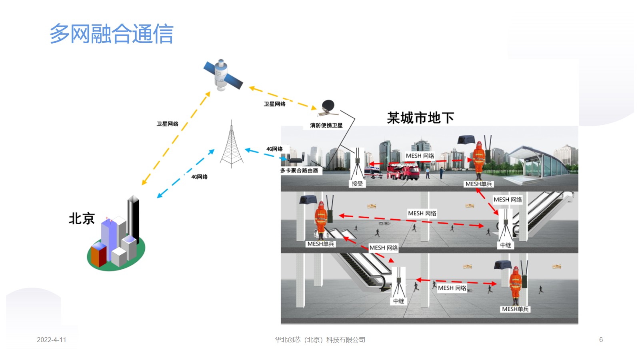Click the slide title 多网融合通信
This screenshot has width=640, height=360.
(x=112, y=34)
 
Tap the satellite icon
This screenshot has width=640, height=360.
(x=223, y=75)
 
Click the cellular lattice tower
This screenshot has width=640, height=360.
(x=232, y=144)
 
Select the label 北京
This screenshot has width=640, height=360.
(x=82, y=219)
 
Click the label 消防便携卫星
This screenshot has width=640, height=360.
(x=326, y=126)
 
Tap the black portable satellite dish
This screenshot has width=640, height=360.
(x=328, y=108)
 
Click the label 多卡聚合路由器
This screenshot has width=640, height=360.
(x=299, y=170)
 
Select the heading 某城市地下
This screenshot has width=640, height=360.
(x=420, y=118)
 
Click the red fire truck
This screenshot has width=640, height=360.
(x=403, y=171)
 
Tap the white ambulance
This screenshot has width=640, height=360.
(x=374, y=172)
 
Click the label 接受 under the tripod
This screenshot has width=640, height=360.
(x=357, y=184)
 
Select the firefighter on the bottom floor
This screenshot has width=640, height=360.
(x=516, y=286)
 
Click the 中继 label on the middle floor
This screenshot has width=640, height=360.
(x=506, y=245)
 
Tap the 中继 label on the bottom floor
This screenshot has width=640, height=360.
(x=398, y=301)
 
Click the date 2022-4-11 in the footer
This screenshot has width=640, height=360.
(x=52, y=340)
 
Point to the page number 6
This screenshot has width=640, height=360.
(x=601, y=340)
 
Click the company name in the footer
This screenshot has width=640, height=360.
(x=320, y=340)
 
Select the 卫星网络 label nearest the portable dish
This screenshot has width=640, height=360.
(x=274, y=104)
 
